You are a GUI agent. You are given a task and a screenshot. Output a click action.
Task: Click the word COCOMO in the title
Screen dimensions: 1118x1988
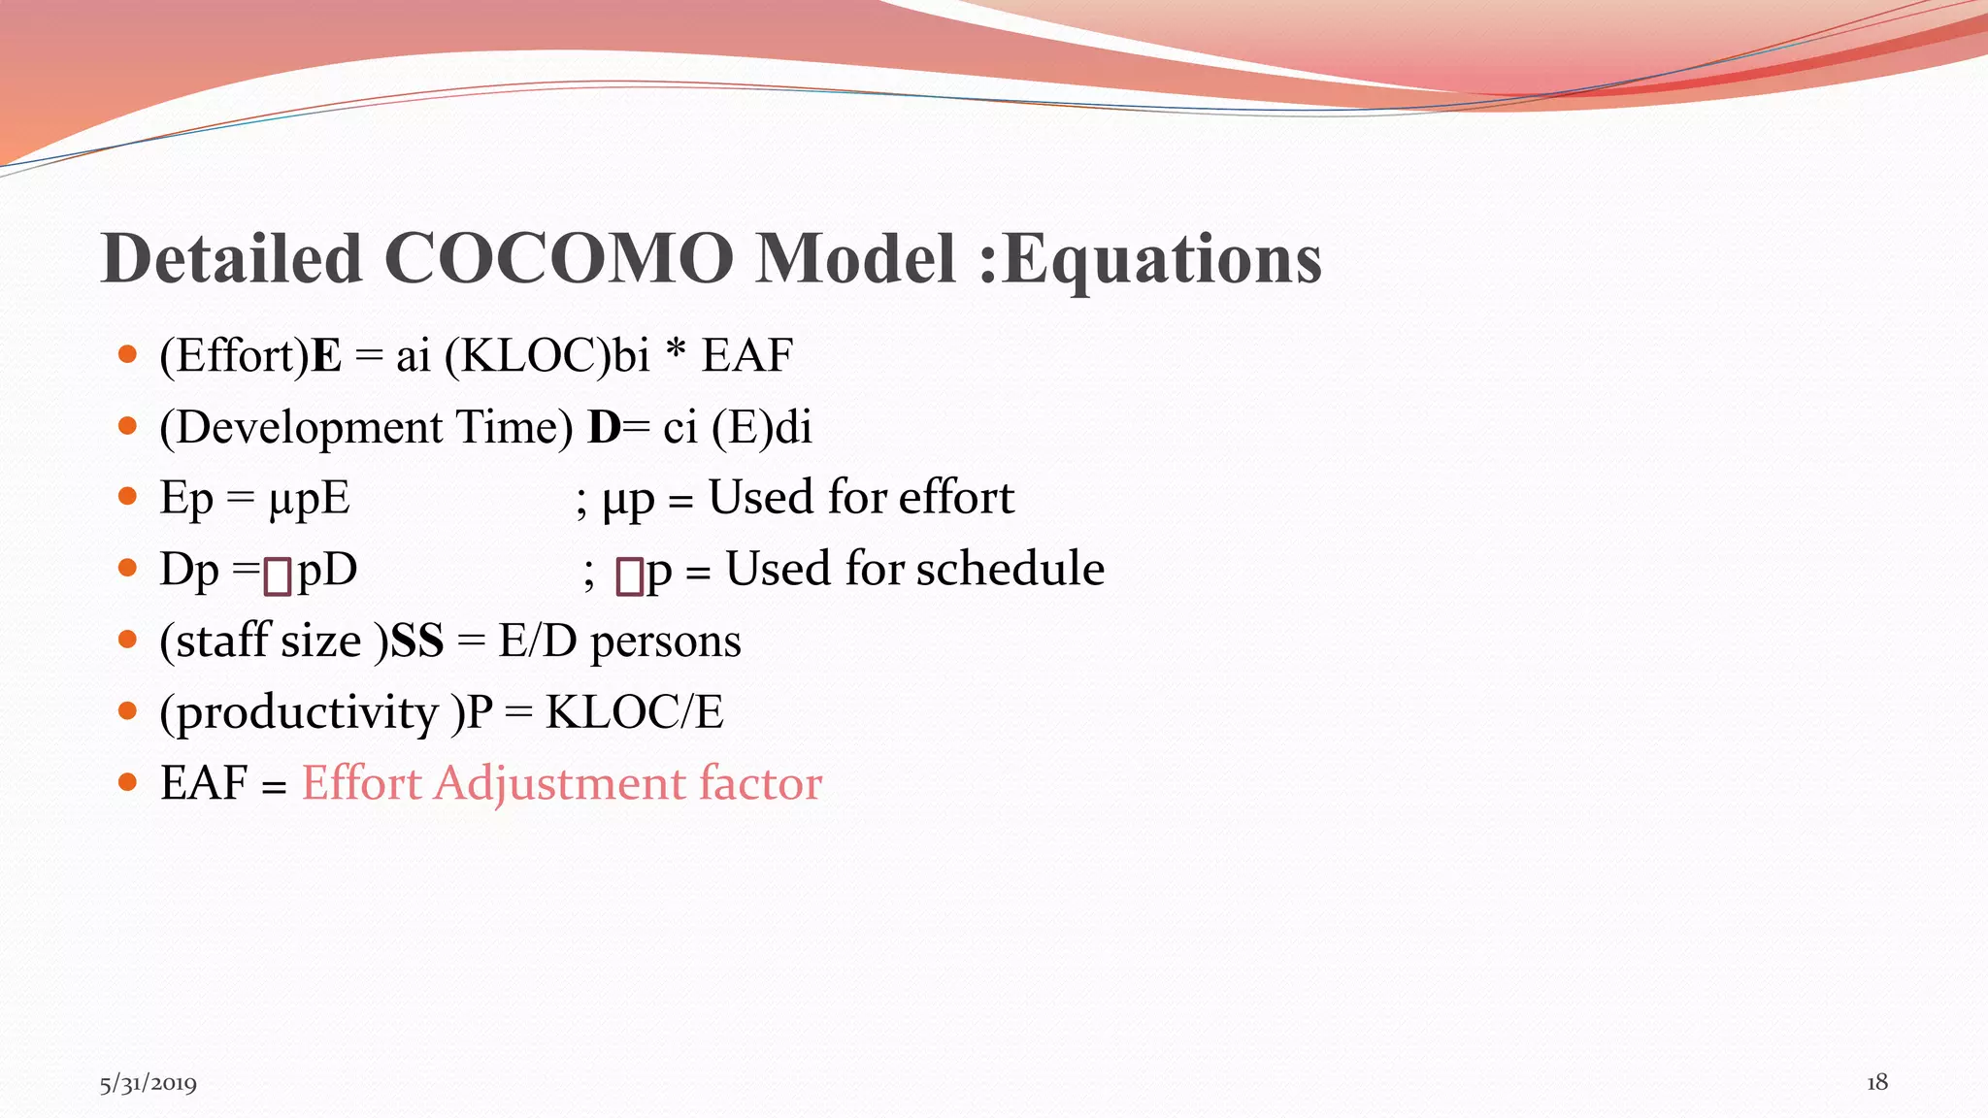coord(558,260)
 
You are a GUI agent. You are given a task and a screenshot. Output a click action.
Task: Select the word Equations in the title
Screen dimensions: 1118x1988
coord(1161,260)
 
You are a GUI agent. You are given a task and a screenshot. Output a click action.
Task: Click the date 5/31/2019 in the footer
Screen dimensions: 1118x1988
coord(148,1083)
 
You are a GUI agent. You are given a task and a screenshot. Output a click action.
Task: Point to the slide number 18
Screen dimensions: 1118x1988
coord(1876,1082)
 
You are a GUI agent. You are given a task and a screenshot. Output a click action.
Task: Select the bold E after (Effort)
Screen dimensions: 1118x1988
coord(326,356)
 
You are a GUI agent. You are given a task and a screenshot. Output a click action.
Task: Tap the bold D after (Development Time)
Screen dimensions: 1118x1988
coord(603,428)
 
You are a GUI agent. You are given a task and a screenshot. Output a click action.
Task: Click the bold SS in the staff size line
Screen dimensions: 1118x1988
coord(416,641)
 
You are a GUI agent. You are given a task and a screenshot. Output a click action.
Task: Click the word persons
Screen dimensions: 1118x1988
coord(665,641)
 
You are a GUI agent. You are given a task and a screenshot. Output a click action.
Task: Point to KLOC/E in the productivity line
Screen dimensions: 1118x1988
coord(634,713)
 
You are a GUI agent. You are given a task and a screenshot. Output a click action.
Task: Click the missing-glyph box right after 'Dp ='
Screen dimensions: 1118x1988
coord(278,575)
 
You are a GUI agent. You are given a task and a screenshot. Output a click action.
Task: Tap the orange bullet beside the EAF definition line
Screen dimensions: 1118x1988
coord(127,782)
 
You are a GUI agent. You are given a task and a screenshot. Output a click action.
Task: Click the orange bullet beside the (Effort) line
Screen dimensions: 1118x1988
coord(127,354)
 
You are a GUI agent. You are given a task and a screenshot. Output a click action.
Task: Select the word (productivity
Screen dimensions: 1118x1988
coord(299,713)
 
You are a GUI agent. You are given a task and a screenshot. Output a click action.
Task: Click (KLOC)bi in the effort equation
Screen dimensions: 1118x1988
coord(547,356)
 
